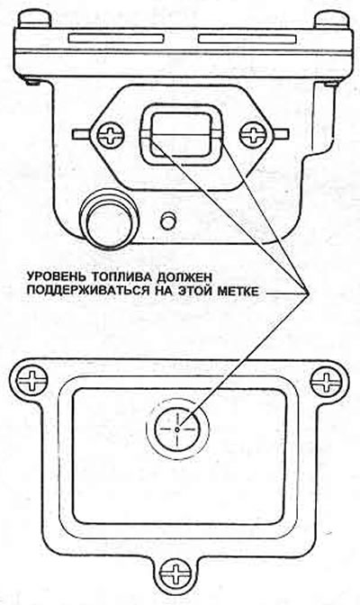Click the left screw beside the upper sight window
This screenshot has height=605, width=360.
coord(111,135)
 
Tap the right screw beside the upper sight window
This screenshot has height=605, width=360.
coord(253,135)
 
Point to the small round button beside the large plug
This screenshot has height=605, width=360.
coord(167,221)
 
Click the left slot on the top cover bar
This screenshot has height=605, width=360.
coord(116,39)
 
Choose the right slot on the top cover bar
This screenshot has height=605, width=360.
coord(247,39)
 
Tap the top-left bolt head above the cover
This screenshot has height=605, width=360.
coord(35,19)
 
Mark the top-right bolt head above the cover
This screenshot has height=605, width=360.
coord(332,19)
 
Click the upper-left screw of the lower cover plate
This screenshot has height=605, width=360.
coord(31,381)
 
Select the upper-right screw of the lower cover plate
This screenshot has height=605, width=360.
coord(326,381)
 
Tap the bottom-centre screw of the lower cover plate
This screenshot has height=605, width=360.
coord(177,573)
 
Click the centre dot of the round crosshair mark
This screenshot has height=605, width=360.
coord(177,429)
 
